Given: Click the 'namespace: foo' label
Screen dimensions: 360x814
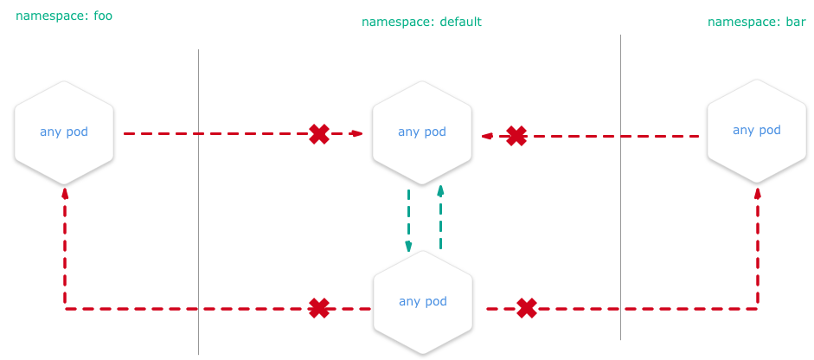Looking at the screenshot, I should click(x=64, y=16).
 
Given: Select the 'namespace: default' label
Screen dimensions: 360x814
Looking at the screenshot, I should click(x=421, y=22).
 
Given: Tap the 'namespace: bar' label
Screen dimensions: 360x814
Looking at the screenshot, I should click(x=757, y=22).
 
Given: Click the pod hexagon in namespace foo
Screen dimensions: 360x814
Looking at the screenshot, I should click(x=64, y=132).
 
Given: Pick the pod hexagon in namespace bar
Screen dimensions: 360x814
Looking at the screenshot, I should click(x=757, y=131).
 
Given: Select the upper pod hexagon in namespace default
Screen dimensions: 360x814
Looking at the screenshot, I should click(x=422, y=132).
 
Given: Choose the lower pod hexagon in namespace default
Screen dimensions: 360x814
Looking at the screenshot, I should click(x=423, y=301).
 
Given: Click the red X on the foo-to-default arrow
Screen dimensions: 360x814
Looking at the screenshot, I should click(x=319, y=134).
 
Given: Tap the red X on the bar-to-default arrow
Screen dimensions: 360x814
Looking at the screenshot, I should click(x=516, y=136).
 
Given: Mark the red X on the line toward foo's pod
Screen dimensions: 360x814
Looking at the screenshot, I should click(x=319, y=308).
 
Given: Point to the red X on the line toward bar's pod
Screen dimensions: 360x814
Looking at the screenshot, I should click(x=527, y=308).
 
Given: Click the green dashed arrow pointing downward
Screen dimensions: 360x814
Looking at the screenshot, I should click(x=408, y=221).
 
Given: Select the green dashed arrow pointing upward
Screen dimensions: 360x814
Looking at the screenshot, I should click(x=440, y=216).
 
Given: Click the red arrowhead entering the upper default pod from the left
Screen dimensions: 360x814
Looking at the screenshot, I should click(x=357, y=134).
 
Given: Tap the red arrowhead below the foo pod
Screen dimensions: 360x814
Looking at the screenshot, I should click(x=65, y=192).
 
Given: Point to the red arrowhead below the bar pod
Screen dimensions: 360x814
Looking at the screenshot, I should click(x=758, y=192).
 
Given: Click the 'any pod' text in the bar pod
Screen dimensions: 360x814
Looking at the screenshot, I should click(x=757, y=131).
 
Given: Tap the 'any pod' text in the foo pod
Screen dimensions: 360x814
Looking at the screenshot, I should click(x=64, y=132).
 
